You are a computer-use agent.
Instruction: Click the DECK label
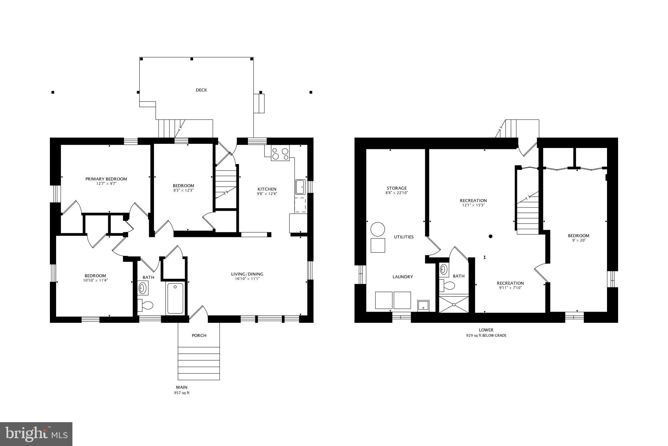201,90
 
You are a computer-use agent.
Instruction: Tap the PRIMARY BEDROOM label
106,179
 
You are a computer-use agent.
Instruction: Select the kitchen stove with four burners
280,154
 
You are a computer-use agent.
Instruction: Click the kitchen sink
300,187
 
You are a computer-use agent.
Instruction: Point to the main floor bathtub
175,298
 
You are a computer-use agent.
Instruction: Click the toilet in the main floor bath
146,306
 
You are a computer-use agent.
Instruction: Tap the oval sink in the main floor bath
143,288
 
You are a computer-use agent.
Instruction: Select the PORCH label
199,336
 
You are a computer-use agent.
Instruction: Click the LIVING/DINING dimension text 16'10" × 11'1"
247,279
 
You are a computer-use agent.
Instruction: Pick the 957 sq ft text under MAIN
182,393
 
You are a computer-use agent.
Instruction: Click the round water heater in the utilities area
378,229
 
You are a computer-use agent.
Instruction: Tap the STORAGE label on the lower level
397,188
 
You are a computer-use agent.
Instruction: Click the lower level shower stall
454,304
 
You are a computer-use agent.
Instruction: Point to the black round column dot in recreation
490,236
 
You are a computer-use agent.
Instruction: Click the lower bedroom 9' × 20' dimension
578,240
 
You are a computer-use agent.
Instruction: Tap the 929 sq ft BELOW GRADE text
486,336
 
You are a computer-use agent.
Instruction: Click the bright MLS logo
36,434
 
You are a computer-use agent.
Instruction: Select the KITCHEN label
267,189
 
